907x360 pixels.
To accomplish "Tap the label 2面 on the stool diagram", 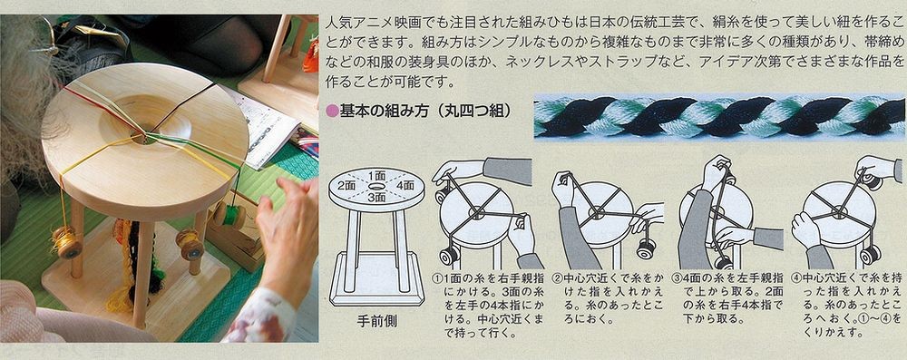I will (x=346, y=185).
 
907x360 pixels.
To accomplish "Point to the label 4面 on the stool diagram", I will (x=405, y=185).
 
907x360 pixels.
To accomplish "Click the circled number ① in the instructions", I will (x=436, y=279).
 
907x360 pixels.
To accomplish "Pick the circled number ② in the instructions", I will (x=558, y=279).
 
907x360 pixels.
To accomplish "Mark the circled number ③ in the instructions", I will (x=677, y=279).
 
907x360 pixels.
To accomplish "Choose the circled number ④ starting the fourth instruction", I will (x=795, y=279).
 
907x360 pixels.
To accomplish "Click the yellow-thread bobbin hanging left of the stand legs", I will (x=65, y=241).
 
